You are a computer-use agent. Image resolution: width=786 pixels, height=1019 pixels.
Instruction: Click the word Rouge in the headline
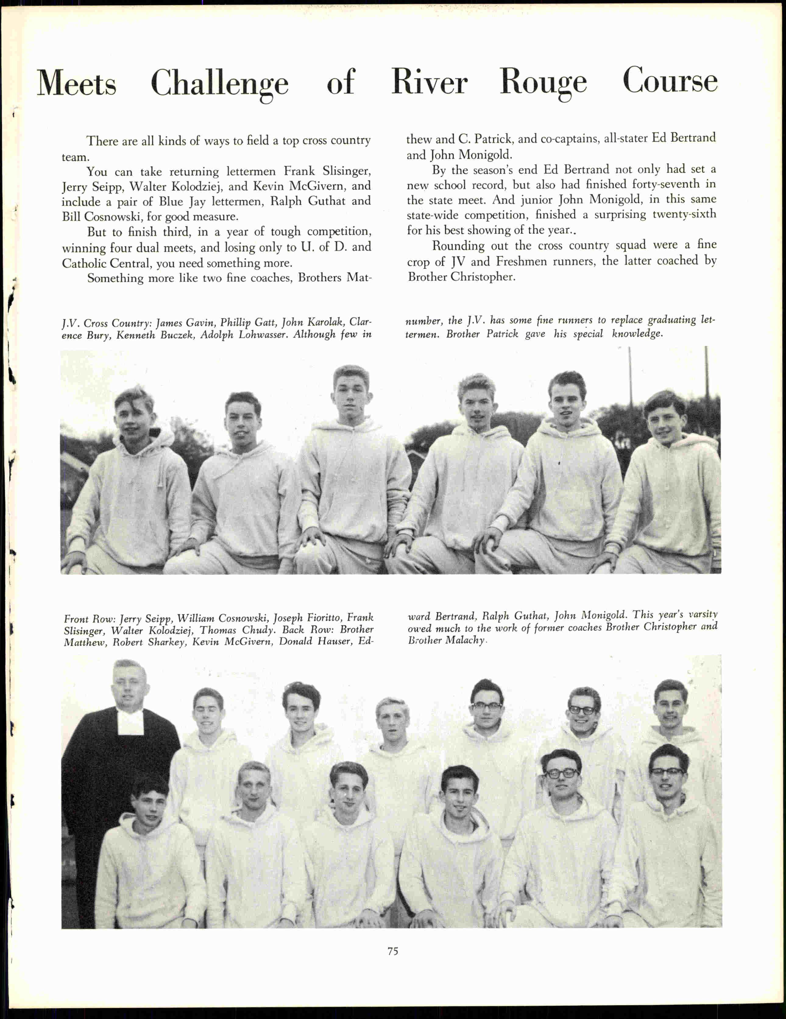click(543, 83)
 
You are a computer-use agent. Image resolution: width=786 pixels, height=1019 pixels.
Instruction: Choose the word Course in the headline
click(670, 81)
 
